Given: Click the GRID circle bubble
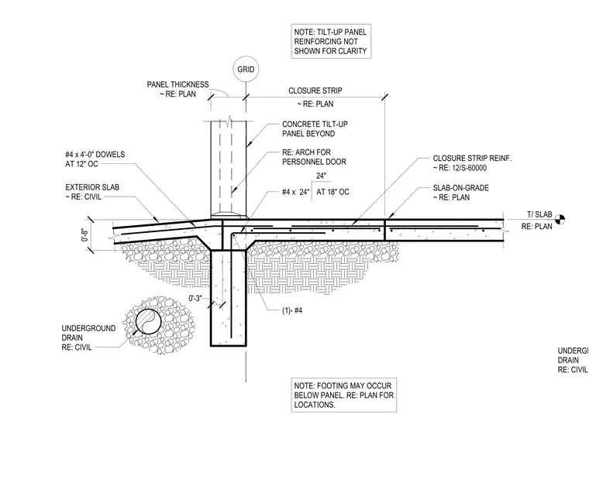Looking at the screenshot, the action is click(246, 56).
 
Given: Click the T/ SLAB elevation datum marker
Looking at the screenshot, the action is click(560, 219).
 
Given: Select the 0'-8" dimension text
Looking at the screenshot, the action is click(85, 234).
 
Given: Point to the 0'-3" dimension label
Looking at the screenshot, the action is click(195, 299).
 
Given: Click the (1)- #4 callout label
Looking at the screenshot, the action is click(292, 310).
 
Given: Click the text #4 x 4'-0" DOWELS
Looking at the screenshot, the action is click(95, 154).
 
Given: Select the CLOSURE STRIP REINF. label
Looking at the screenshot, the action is click(472, 159).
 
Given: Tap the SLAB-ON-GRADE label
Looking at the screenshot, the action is click(461, 187).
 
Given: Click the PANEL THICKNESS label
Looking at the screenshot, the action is click(177, 84).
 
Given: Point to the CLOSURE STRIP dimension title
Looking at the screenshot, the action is click(315, 91).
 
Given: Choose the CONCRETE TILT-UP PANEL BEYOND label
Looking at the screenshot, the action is click(315, 128).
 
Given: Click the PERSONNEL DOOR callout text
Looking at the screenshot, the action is click(314, 162).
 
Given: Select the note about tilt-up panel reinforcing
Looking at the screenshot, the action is click(331, 41).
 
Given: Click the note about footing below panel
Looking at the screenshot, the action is click(343, 395).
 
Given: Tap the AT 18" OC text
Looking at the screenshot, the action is click(332, 192).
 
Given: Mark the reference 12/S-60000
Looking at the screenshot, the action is click(469, 168).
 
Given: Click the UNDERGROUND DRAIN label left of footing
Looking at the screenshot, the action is click(88, 337).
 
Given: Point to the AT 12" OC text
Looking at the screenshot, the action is click(81, 164).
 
